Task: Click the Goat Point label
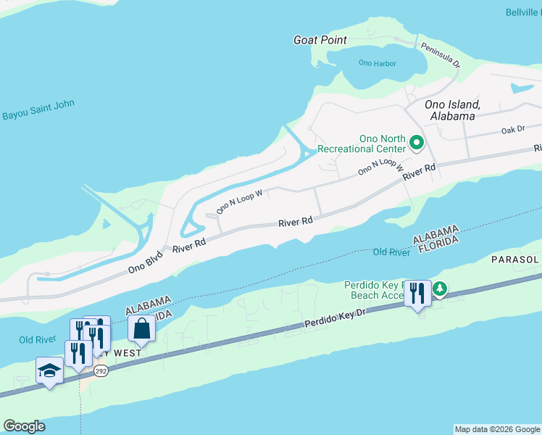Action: click(320, 40)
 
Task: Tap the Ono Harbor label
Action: click(378, 63)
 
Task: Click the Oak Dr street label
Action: click(512, 130)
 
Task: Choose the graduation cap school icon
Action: click(49, 370)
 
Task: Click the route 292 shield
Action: click(101, 372)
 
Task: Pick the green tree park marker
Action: click(440, 290)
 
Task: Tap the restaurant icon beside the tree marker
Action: click(417, 293)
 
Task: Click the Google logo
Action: click(24, 426)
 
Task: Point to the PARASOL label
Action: click(516, 260)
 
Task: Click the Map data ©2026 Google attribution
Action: click(497, 429)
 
